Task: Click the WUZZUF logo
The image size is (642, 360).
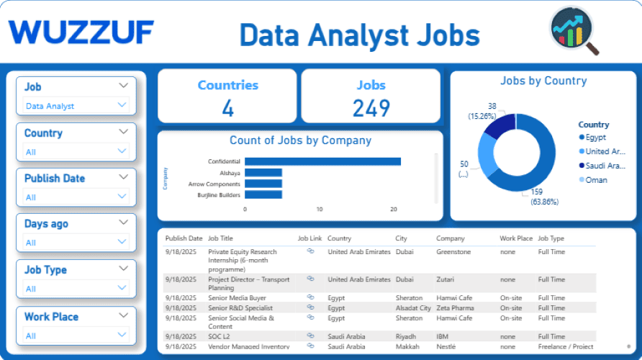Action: (x=81, y=32)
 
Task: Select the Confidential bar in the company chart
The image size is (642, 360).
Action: (x=322, y=161)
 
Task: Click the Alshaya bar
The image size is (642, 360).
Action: (x=263, y=173)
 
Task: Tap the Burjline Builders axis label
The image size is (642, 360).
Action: (x=219, y=195)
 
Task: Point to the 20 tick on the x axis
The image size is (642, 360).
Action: (x=394, y=210)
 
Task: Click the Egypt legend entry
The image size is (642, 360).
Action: (x=595, y=138)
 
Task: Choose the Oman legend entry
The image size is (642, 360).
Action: (x=595, y=180)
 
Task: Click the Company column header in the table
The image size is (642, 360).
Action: (x=451, y=238)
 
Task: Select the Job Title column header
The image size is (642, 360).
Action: (x=220, y=238)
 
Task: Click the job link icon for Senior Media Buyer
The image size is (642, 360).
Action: (x=311, y=297)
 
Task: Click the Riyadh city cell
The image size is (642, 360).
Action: (x=406, y=336)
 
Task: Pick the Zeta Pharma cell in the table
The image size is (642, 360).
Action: (x=456, y=307)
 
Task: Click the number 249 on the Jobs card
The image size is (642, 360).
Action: (x=371, y=108)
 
